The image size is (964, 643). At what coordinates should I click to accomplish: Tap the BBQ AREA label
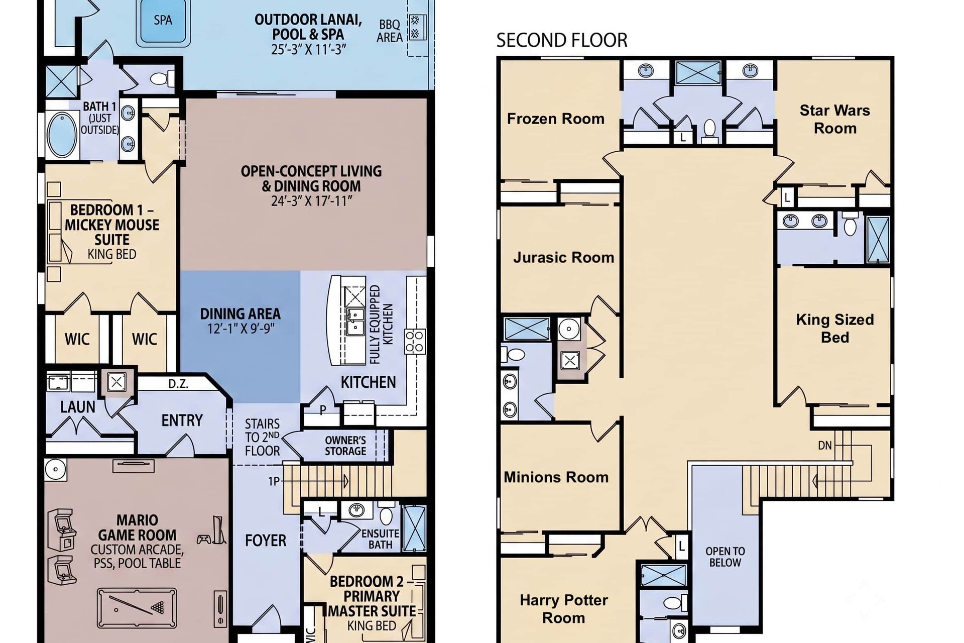pyautogui.click(x=390, y=31)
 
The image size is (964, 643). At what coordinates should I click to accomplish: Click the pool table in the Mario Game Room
pyautogui.click(x=137, y=608)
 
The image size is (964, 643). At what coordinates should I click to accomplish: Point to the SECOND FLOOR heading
pyautogui.click(x=562, y=40)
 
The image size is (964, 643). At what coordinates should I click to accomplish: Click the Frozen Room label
pyautogui.click(x=555, y=119)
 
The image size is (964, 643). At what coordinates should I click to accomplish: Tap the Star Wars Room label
pyautogui.click(x=835, y=120)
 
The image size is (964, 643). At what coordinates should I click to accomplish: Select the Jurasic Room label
pyautogui.click(x=563, y=258)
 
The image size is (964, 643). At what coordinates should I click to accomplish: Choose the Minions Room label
pyautogui.click(x=556, y=477)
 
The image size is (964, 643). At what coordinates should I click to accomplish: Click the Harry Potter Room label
pyautogui.click(x=564, y=609)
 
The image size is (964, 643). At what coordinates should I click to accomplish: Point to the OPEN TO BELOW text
pyautogui.click(x=725, y=557)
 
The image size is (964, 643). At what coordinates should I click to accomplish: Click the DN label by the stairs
pyautogui.click(x=825, y=446)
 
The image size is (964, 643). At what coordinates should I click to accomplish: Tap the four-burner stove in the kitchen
pyautogui.click(x=415, y=341)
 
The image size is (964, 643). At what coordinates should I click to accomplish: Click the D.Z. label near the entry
pyautogui.click(x=178, y=384)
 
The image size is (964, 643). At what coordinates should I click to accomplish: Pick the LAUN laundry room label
pyautogui.click(x=78, y=407)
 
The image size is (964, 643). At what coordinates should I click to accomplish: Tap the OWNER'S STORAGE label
pyautogui.click(x=345, y=446)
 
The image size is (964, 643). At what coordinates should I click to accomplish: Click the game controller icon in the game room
pyautogui.click(x=203, y=540)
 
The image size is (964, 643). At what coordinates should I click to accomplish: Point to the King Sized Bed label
pyautogui.click(x=835, y=329)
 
